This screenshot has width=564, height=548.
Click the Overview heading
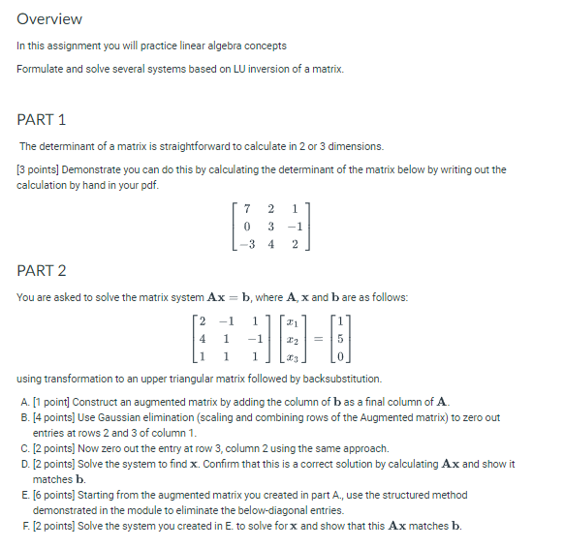tap(49, 19)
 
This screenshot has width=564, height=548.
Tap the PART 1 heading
tap(42, 119)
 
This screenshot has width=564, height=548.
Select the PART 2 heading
tap(42, 270)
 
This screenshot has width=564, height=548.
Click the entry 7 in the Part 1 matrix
tap(249, 206)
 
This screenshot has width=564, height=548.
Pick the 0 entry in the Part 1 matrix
tap(249, 225)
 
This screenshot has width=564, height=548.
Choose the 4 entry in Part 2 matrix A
tap(202, 340)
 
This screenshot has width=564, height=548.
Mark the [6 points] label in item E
tap(52, 495)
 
